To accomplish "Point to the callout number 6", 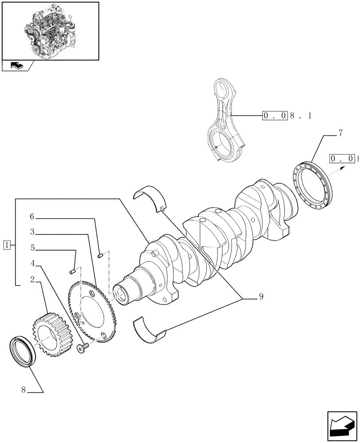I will coord(32,217).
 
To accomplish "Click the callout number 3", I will coord(33,232).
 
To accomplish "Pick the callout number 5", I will coord(33,248).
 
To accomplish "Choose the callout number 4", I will coord(33,264).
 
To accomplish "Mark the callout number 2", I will coord(33,279).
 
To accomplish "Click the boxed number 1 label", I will coord(7,244).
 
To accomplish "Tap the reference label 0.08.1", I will coord(288,116).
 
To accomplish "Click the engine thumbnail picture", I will coord(50,30).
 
